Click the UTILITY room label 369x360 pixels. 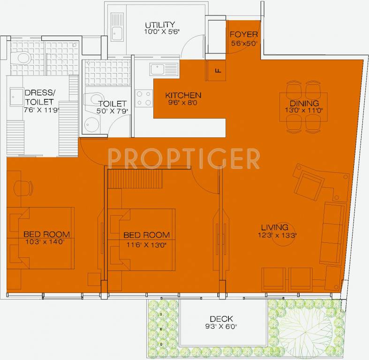coord(159,25)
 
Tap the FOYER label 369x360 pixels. coord(244,34)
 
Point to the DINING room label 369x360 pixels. coord(304,103)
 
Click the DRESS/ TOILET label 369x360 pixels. coord(39,97)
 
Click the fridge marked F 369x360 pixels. coord(217,71)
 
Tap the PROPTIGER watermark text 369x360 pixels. coord(184,158)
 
